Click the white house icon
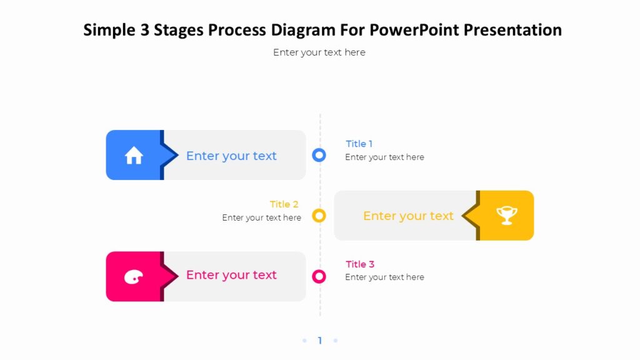(x=134, y=156)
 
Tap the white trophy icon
(x=507, y=216)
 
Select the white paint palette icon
(x=133, y=277)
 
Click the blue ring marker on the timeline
(x=319, y=155)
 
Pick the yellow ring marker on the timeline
(x=319, y=216)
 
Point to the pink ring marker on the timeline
(x=319, y=276)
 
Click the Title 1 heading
(x=359, y=144)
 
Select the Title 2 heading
(x=284, y=204)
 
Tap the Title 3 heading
(x=360, y=264)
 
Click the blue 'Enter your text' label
(x=231, y=156)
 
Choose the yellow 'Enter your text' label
(x=408, y=216)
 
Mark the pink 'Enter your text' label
(x=231, y=275)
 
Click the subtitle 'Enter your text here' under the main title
(x=319, y=52)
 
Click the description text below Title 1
(x=384, y=157)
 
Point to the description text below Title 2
(x=261, y=218)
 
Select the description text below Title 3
(x=384, y=277)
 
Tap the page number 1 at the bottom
(x=320, y=341)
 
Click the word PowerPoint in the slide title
(x=413, y=29)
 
